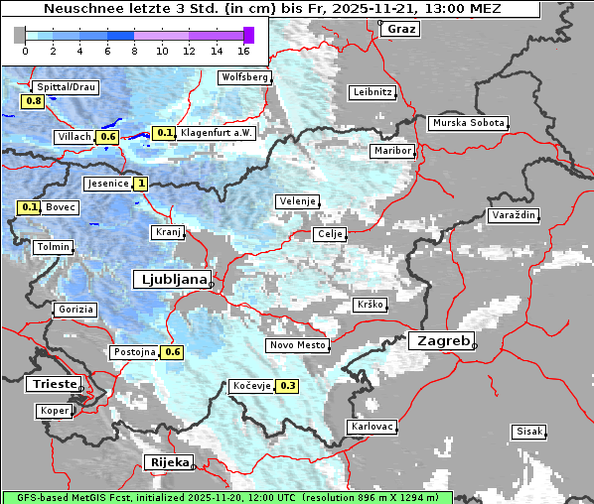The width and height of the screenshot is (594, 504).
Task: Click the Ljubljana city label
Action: pyautogui.click(x=171, y=279)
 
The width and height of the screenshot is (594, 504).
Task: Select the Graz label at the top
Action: pyautogui.click(x=401, y=28)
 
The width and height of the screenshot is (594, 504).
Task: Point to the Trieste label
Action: pyautogui.click(x=53, y=384)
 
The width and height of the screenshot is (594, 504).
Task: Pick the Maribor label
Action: pyautogui.click(x=391, y=151)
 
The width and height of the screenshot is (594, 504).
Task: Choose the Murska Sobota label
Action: pyautogui.click(x=467, y=124)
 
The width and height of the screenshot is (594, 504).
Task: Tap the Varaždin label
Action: pyautogui.click(x=513, y=215)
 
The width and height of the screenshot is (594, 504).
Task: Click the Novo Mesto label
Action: pyautogui.click(x=297, y=345)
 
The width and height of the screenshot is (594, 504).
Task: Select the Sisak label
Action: pyautogui.click(x=527, y=432)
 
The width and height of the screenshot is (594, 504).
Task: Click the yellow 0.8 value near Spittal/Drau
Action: pyautogui.click(x=33, y=101)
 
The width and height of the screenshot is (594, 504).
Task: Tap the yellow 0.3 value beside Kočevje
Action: pyautogui.click(x=288, y=386)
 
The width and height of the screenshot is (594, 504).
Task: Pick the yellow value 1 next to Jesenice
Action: pyautogui.click(x=142, y=184)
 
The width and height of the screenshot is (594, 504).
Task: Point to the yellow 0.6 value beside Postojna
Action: pyautogui.click(x=173, y=352)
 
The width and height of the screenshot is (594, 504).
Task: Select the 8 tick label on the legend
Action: pyautogui.click(x=134, y=50)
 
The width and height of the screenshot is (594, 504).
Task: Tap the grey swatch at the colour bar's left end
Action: pyautogui.click(x=19, y=35)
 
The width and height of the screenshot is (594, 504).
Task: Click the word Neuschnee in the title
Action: pyautogui.click(x=81, y=9)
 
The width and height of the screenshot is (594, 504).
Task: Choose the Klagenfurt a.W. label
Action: pyautogui.click(x=218, y=132)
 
